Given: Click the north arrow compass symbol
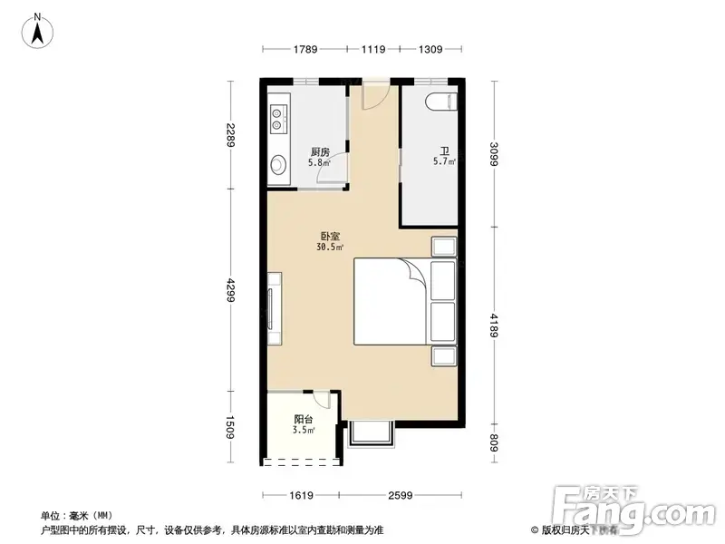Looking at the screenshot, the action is (x=37, y=31).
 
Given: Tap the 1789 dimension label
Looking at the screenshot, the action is (x=305, y=49).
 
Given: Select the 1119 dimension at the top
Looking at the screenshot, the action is (x=373, y=49).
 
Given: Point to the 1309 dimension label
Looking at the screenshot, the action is (x=430, y=49).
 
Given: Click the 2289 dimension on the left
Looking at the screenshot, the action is (x=231, y=135).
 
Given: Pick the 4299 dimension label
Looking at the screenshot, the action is (x=231, y=290).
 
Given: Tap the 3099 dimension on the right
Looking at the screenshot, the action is (x=494, y=154).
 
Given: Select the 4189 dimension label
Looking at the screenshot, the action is (x=494, y=325).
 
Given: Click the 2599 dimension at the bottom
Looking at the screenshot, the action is (x=401, y=495).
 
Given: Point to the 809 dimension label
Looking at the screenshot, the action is (x=494, y=443).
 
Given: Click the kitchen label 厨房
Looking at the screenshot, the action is (x=320, y=151).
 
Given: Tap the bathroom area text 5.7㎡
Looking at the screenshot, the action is (x=444, y=161).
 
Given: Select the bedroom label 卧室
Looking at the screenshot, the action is (x=330, y=237).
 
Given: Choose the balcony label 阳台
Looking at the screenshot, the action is (x=304, y=420).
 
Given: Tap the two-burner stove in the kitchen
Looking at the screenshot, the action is (x=279, y=119).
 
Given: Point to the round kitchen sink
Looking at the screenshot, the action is (x=278, y=164).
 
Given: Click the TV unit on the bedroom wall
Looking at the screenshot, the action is (x=275, y=308).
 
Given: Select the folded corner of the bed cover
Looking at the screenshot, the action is (x=412, y=269).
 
